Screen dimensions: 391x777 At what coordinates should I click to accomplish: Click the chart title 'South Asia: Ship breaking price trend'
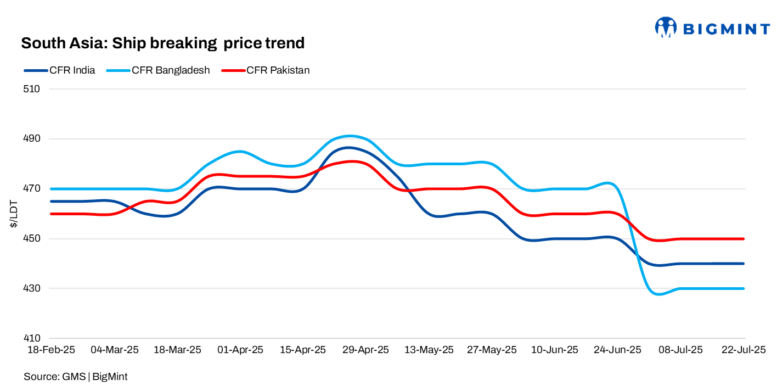tap(162, 43)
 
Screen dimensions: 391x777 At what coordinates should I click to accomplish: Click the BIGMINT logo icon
tap(666, 27)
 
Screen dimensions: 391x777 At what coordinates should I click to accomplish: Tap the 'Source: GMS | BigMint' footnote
tap(76, 377)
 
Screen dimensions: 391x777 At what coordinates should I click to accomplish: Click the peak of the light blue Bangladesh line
tap(350, 136)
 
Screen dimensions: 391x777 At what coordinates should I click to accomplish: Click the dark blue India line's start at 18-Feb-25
tap(50, 201)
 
